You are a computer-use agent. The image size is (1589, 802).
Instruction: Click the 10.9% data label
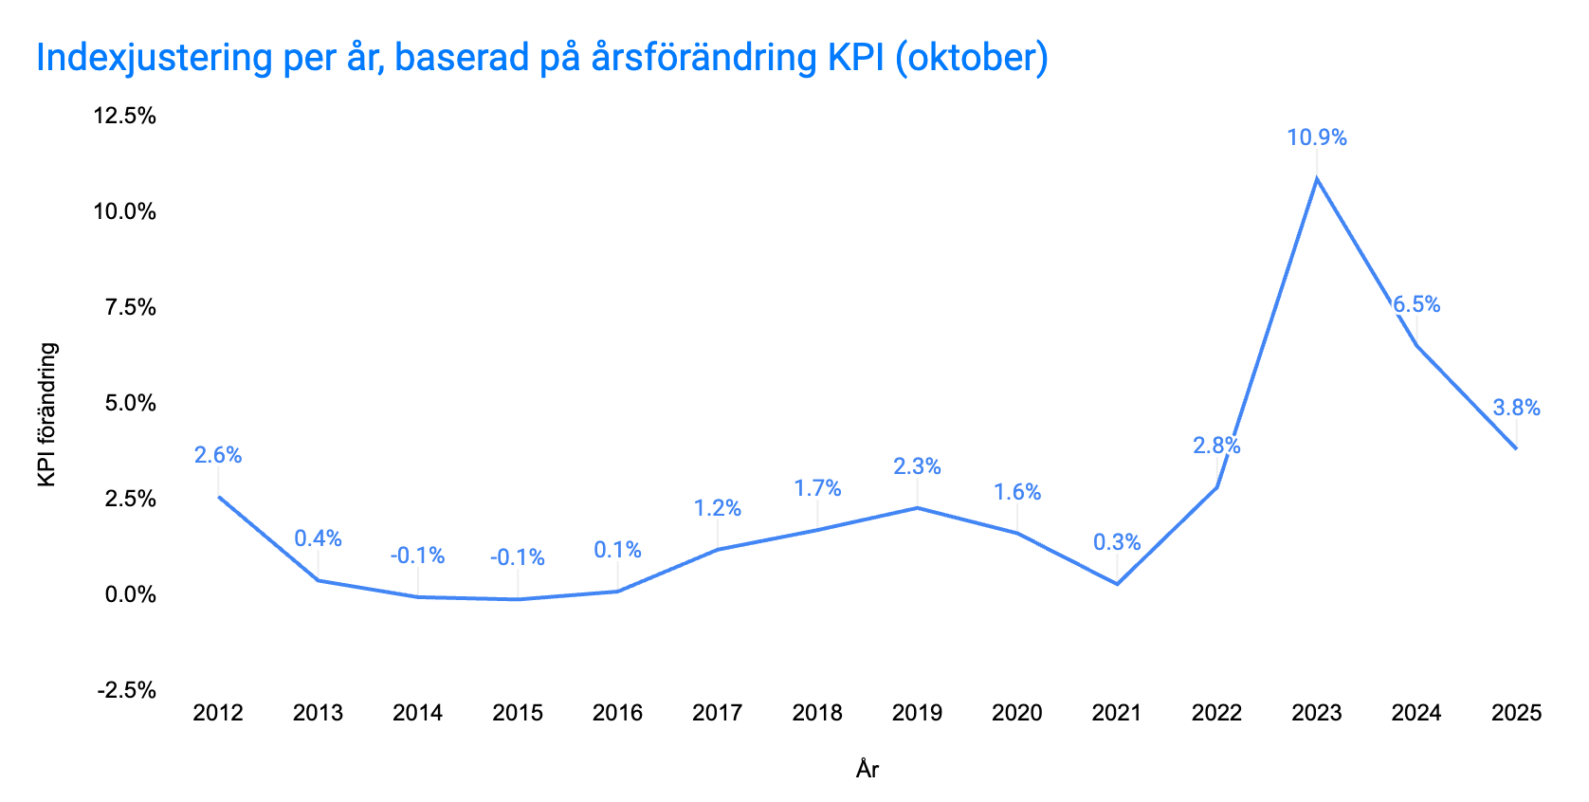pyautogui.click(x=1316, y=137)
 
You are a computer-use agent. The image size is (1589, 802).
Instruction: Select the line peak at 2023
pyautogui.click(x=1316, y=178)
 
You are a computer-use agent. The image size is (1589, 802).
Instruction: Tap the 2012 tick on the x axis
pyautogui.click(x=218, y=713)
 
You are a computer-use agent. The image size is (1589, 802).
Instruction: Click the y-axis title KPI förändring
pyautogui.click(x=47, y=415)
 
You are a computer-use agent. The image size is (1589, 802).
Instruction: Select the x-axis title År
pyautogui.click(x=867, y=769)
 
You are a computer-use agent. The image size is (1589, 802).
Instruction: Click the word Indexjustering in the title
pyautogui.click(x=155, y=58)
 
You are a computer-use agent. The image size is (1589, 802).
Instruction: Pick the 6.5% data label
pyautogui.click(x=1416, y=304)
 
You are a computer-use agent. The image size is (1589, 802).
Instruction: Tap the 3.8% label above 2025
pyautogui.click(x=1516, y=408)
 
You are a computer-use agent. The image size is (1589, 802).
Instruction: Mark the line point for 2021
pyautogui.click(x=1117, y=584)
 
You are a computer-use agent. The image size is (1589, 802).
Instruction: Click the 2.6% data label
pyautogui.click(x=218, y=455)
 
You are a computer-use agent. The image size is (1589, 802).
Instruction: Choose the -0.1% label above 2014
pyautogui.click(x=417, y=556)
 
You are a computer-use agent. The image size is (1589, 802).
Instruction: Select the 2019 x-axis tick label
pyautogui.click(x=917, y=713)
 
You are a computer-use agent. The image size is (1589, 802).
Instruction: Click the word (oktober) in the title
pyautogui.click(x=971, y=58)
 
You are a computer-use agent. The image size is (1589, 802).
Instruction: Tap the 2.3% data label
pyautogui.click(x=917, y=466)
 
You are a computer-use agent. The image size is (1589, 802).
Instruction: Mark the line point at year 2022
pyautogui.click(x=1216, y=487)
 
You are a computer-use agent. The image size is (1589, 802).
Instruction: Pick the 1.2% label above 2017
pyautogui.click(x=717, y=508)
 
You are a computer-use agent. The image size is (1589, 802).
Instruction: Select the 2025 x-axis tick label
pyautogui.click(x=1516, y=713)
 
